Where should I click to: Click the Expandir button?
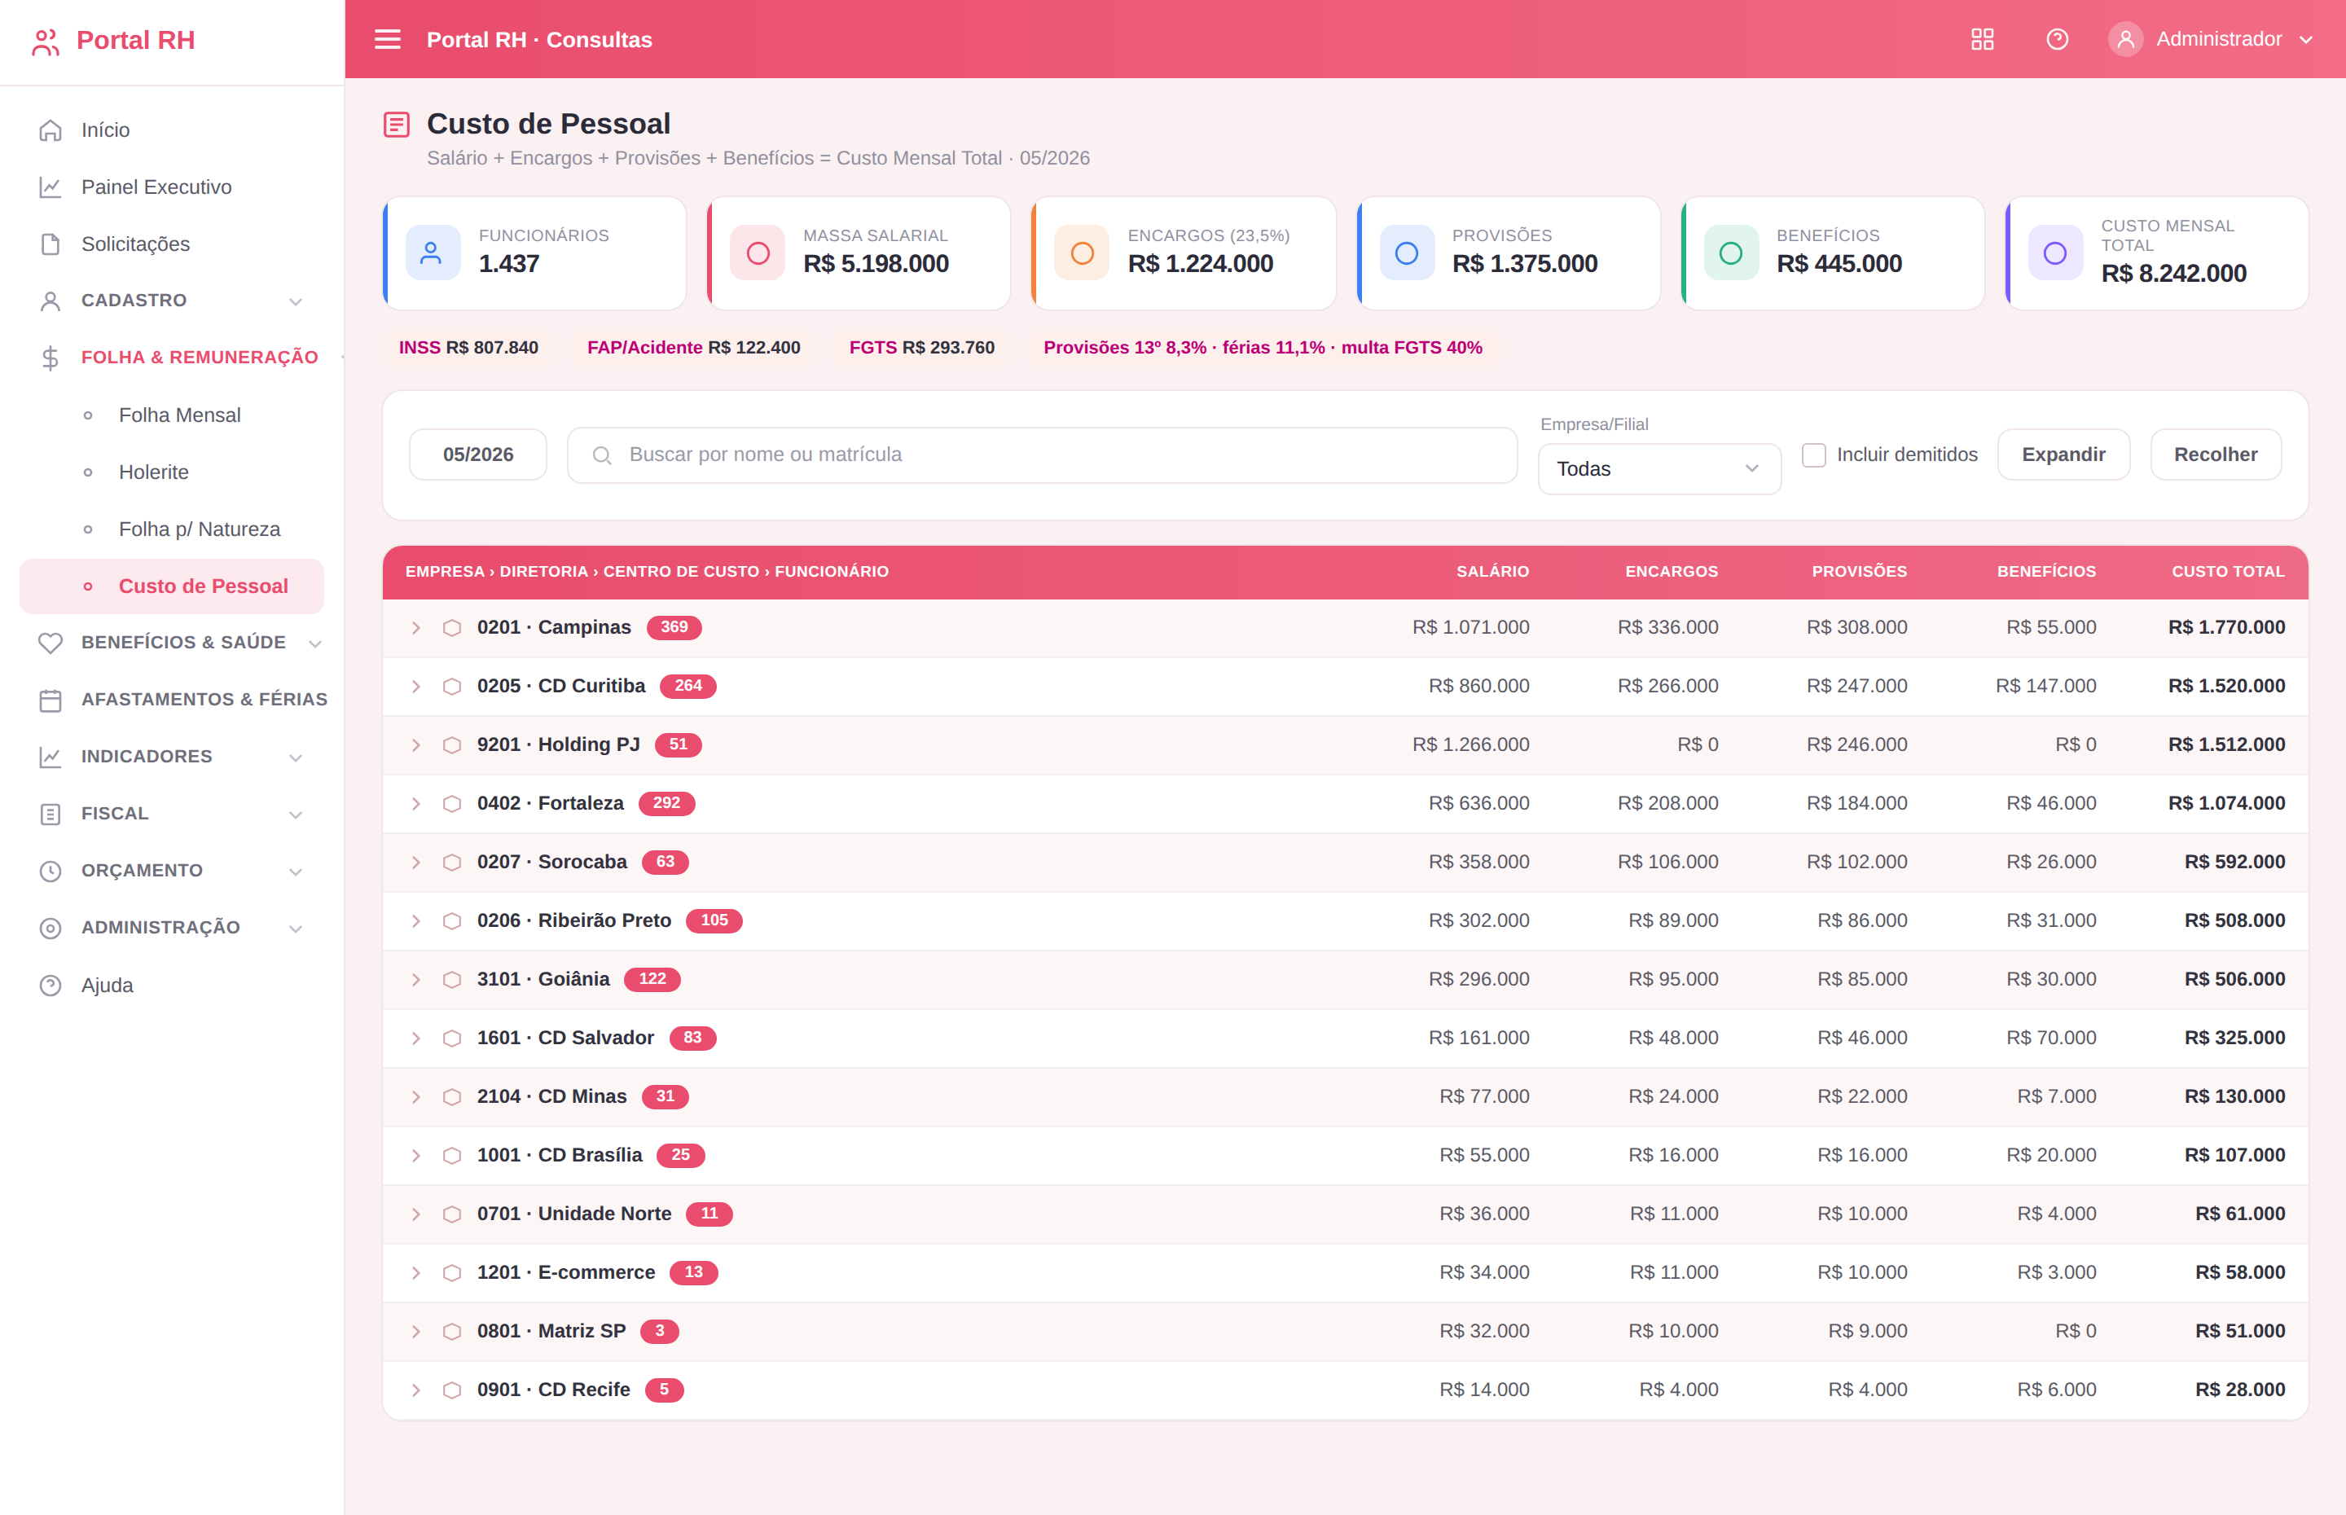pyautogui.click(x=2063, y=455)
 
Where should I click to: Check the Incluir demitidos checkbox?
pyautogui.click(x=1813, y=455)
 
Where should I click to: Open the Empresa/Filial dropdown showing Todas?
pyautogui.click(x=1658, y=469)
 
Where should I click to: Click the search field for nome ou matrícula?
pyautogui.click(x=1042, y=455)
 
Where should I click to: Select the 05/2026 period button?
pyautogui.click(x=478, y=455)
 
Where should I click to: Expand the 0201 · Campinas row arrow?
pyautogui.click(x=416, y=628)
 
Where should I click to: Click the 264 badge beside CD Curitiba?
pyautogui.click(x=688, y=686)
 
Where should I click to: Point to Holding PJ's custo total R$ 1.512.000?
pyautogui.click(x=2226, y=744)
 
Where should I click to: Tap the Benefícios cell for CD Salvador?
pyautogui.click(x=2051, y=1038)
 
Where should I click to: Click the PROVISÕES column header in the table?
pyautogui.click(x=1859, y=572)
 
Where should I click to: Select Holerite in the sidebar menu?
pyautogui.click(x=153, y=472)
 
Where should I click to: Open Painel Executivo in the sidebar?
pyautogui.click(x=156, y=187)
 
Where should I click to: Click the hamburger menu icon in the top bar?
pyautogui.click(x=388, y=39)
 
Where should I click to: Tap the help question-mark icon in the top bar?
pyautogui.click(x=2057, y=39)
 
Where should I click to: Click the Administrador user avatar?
pyautogui.click(x=2124, y=39)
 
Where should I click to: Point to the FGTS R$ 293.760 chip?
pyautogui.click(x=921, y=347)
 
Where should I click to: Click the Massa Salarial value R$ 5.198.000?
pyautogui.click(x=876, y=264)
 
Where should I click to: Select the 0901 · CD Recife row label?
pyautogui.click(x=553, y=1389)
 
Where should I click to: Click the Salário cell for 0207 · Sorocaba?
pyautogui.click(x=1478, y=862)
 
